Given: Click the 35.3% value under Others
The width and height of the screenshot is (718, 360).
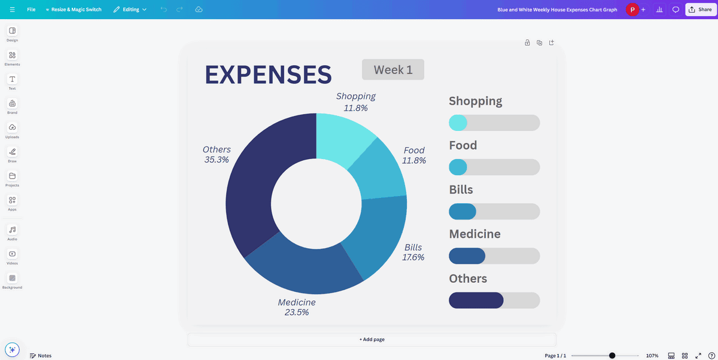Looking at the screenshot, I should coord(217,160).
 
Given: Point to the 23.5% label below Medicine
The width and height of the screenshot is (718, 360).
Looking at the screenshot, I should coord(297,312).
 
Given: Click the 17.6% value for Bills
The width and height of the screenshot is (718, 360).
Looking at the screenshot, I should coord(413,257).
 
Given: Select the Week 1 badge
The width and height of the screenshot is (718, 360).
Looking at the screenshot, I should coord(393,69).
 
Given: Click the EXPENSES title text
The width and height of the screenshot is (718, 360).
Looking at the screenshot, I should coord(268,75).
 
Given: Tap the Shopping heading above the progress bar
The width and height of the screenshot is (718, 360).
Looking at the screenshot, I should coord(475,101).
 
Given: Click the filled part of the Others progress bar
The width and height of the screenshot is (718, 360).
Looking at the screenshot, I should coord(476,300).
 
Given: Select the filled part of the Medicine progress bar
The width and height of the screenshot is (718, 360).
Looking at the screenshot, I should coord(467,256).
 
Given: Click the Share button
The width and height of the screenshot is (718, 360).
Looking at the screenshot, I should coord(700,10).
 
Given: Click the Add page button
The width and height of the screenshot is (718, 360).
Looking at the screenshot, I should coord(372,339).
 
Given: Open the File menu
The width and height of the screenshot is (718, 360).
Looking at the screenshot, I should coord(31,10).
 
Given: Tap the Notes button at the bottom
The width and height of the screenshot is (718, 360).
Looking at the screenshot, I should coord(41,355).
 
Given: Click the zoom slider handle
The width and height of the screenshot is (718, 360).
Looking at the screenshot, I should coord(612,355).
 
